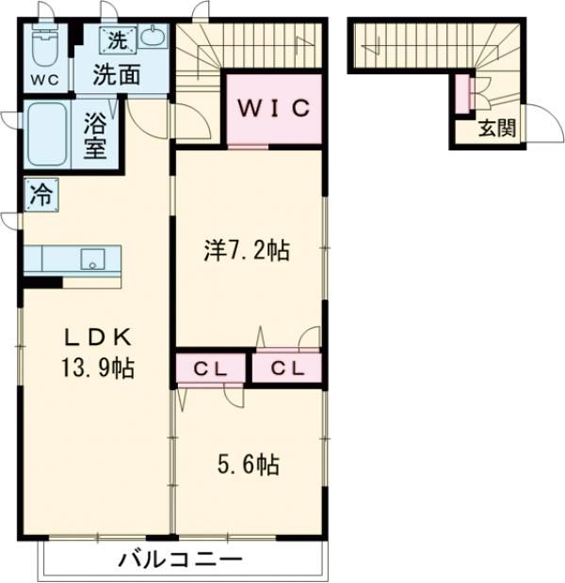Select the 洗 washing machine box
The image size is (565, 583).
click(x=119, y=41)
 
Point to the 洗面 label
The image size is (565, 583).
click(x=119, y=73)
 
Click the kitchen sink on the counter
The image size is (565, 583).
click(x=92, y=260)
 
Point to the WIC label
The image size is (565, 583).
click(x=273, y=108)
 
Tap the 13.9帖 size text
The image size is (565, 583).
click(x=99, y=368)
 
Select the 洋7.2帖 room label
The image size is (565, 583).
click(x=247, y=251)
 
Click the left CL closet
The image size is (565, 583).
click(x=211, y=369)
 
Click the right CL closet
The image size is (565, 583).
click(x=286, y=369)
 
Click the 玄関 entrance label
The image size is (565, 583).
click(x=495, y=130)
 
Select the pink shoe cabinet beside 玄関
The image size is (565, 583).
click(x=461, y=92)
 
